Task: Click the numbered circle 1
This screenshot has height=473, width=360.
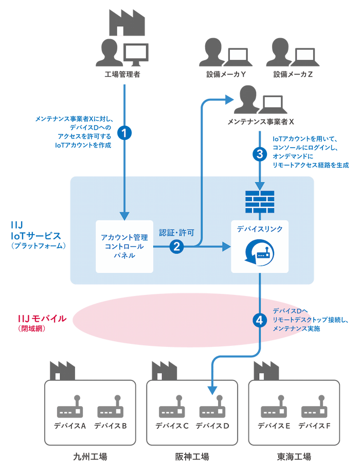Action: (x=124, y=132)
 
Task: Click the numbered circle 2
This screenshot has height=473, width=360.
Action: (x=177, y=247)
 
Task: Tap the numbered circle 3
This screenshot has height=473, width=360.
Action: (x=260, y=153)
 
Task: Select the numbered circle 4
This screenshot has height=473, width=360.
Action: (x=260, y=320)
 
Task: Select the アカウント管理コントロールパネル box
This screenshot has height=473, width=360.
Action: (x=125, y=246)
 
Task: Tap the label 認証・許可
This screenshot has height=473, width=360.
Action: (x=176, y=232)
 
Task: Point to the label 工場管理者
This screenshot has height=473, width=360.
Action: (x=123, y=75)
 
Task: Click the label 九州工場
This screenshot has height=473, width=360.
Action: (x=90, y=457)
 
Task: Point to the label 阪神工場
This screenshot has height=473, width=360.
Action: (x=192, y=457)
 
